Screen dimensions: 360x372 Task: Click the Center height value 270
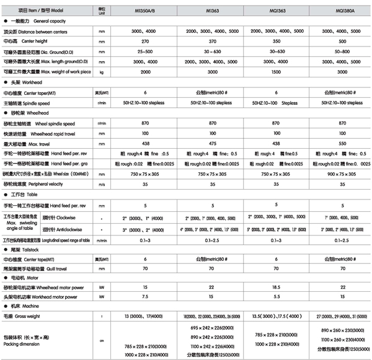(x=146, y=41)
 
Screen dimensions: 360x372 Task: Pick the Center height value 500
(x=339, y=41)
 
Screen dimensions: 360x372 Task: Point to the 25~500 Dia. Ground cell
(x=144, y=51)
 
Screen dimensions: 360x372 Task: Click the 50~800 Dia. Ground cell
(x=339, y=51)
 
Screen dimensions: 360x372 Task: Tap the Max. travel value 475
(x=213, y=143)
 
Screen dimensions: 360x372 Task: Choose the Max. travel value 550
(x=339, y=143)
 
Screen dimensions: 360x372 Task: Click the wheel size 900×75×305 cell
(x=339, y=174)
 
